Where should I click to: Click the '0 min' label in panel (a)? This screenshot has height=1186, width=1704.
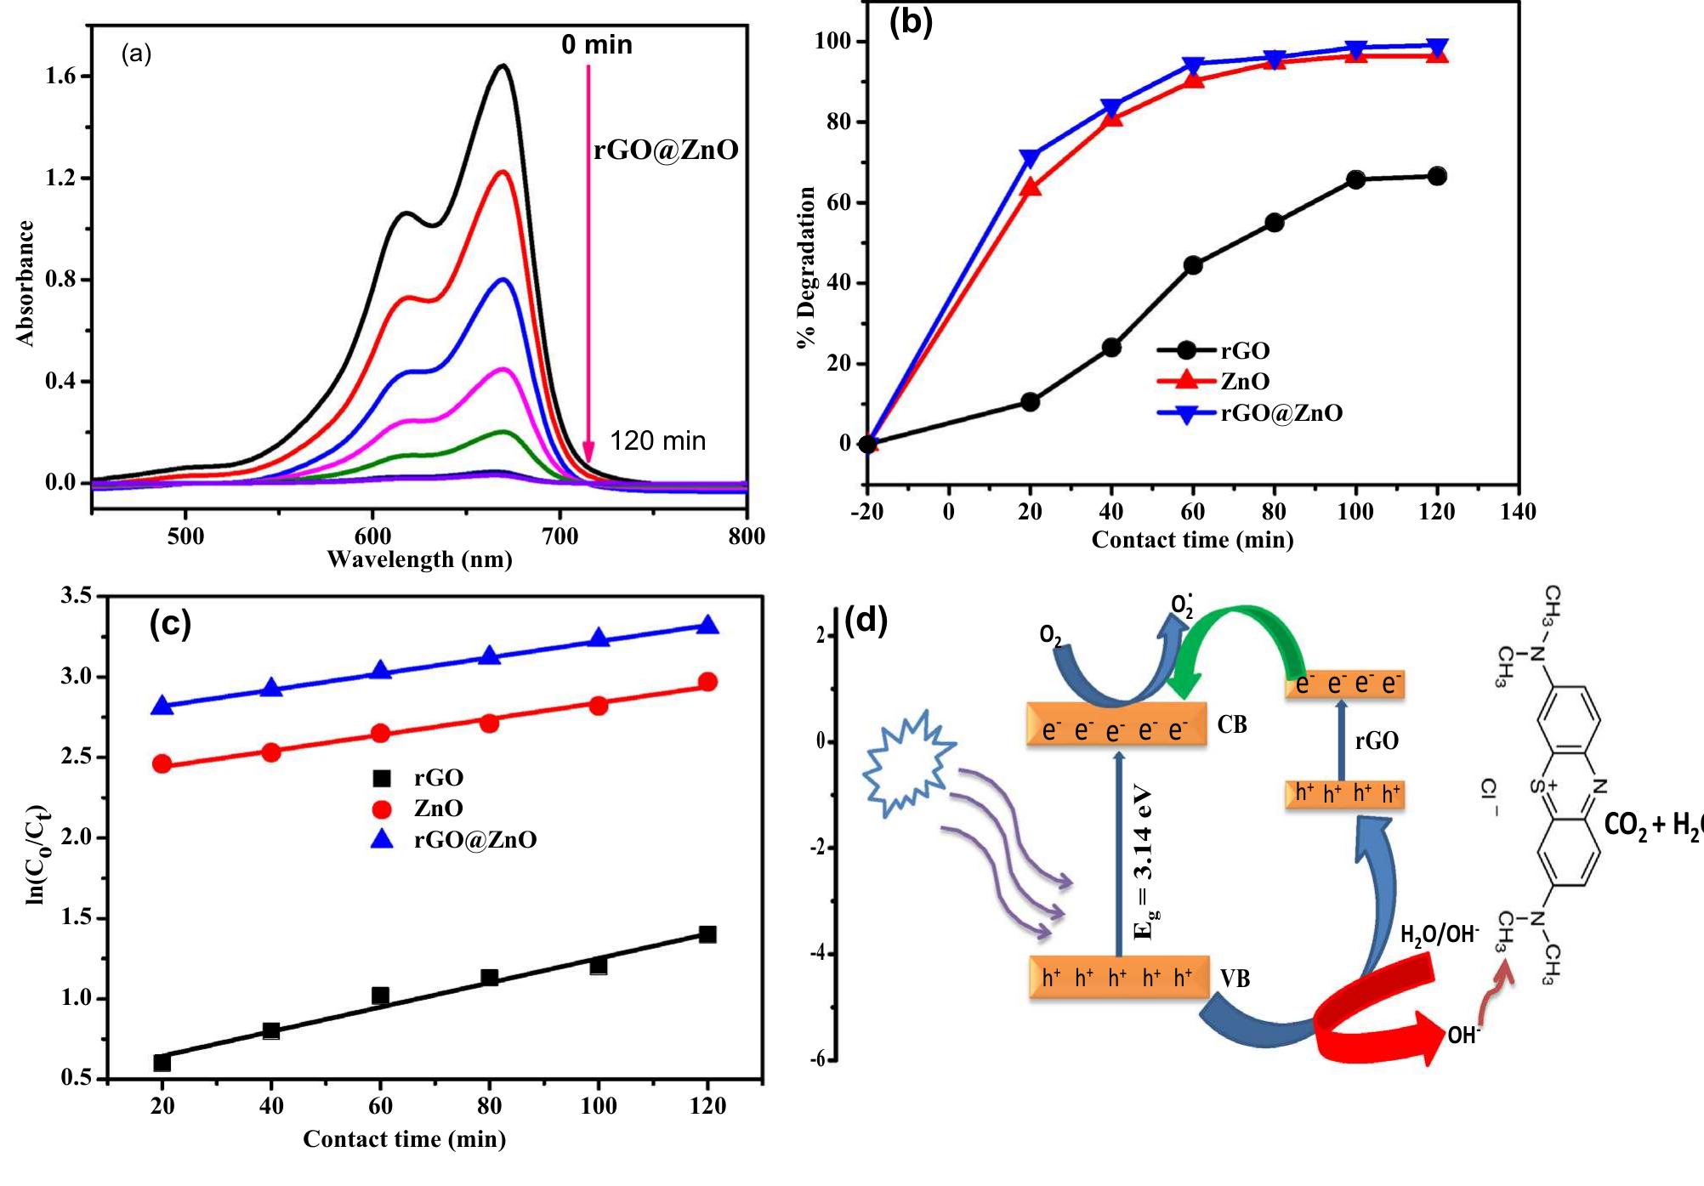click(596, 44)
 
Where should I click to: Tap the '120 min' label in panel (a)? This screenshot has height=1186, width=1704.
click(657, 440)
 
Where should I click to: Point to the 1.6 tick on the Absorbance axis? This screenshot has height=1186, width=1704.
click(60, 77)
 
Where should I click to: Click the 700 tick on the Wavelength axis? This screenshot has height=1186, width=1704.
click(559, 536)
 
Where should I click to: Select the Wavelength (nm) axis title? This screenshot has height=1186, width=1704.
click(419, 559)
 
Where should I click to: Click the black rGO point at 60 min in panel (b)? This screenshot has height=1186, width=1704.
click(1193, 265)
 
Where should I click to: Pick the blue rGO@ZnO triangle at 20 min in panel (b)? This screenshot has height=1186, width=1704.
click(1030, 158)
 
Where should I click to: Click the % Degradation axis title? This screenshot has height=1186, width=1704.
click(806, 267)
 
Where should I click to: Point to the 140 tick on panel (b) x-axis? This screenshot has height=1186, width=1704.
click(1519, 512)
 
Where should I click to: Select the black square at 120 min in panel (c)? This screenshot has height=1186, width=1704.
click(707, 934)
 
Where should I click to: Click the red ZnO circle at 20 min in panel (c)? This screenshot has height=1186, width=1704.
click(162, 763)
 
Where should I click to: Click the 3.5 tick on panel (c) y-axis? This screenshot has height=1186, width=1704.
click(77, 596)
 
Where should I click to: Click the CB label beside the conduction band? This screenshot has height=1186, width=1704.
click(1231, 725)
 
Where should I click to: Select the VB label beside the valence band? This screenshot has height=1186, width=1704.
click(1235, 979)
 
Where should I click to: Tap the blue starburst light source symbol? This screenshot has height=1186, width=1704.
click(906, 763)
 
